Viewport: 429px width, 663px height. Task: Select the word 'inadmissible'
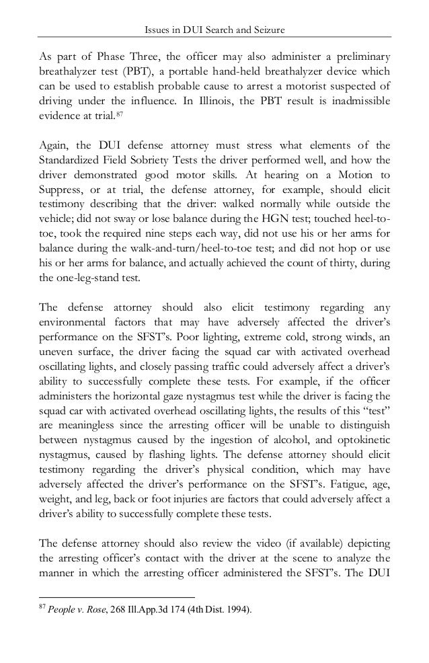coord(361,102)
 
